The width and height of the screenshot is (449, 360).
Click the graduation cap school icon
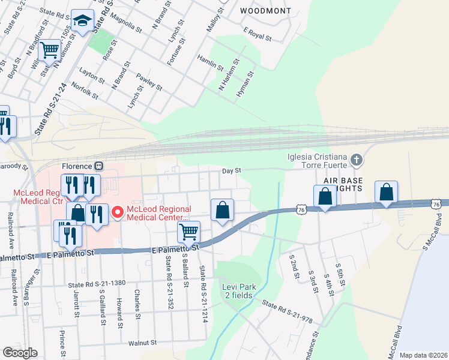(x=82, y=22)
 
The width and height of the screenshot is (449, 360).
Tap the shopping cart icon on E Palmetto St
(x=189, y=232)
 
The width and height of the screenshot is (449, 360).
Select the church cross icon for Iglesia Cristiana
(x=357, y=160)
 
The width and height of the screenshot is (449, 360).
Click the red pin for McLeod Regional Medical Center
(x=118, y=211)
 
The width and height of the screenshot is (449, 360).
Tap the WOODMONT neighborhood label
(x=265, y=11)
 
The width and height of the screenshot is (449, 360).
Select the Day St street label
(x=231, y=171)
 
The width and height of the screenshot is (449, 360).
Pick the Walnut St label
(x=142, y=343)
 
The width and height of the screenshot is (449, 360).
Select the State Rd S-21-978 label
(x=287, y=313)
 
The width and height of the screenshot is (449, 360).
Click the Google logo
(x=20, y=353)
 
